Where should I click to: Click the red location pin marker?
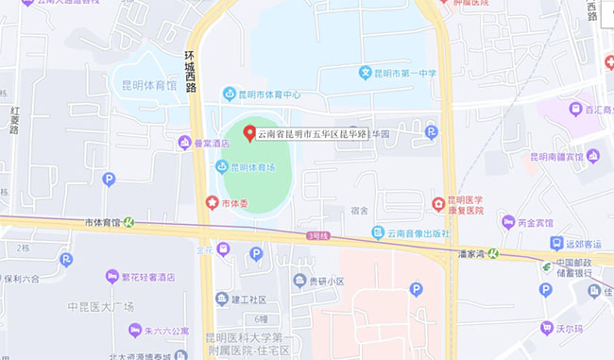click(249, 133)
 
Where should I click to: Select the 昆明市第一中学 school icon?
click(365, 73)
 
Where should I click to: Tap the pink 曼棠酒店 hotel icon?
click(184, 143)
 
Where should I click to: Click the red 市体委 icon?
click(212, 202)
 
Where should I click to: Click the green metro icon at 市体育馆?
click(128, 223)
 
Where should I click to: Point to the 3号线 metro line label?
click(317, 235)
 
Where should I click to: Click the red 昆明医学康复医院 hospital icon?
click(438, 204)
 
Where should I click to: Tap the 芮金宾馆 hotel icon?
click(509, 224)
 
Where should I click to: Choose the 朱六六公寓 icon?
click(135, 331)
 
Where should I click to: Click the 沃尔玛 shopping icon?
click(546, 328)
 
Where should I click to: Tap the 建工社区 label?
click(248, 300)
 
